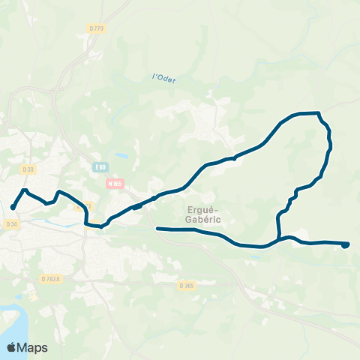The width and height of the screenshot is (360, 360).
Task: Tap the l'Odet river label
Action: click(163, 78)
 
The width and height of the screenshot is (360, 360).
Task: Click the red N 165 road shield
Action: click(114, 182)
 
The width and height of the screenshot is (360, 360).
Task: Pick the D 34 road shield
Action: click(10, 224)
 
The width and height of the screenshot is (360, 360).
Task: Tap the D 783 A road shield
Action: click(50, 279)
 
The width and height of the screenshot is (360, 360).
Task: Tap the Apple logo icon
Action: click(12, 347)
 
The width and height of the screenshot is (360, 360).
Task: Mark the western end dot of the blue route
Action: click(13, 208)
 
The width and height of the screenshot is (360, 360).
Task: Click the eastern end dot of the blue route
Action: click(346, 244)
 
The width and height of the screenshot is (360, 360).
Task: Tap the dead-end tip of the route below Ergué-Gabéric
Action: click(157, 229)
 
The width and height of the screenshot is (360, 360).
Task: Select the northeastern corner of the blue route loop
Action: click(319, 114)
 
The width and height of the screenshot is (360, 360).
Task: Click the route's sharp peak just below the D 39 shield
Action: click(25, 190)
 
